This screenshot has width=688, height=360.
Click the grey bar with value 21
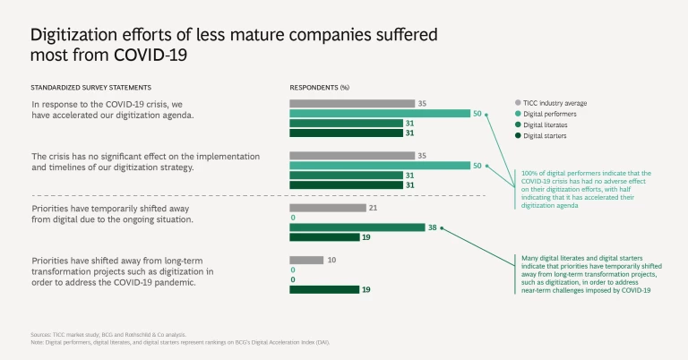click(x=327, y=208)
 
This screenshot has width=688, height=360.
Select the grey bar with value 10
click(x=306, y=261)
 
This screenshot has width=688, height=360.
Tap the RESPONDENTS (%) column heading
click(x=319, y=87)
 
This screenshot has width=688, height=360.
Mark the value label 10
click(x=331, y=261)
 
